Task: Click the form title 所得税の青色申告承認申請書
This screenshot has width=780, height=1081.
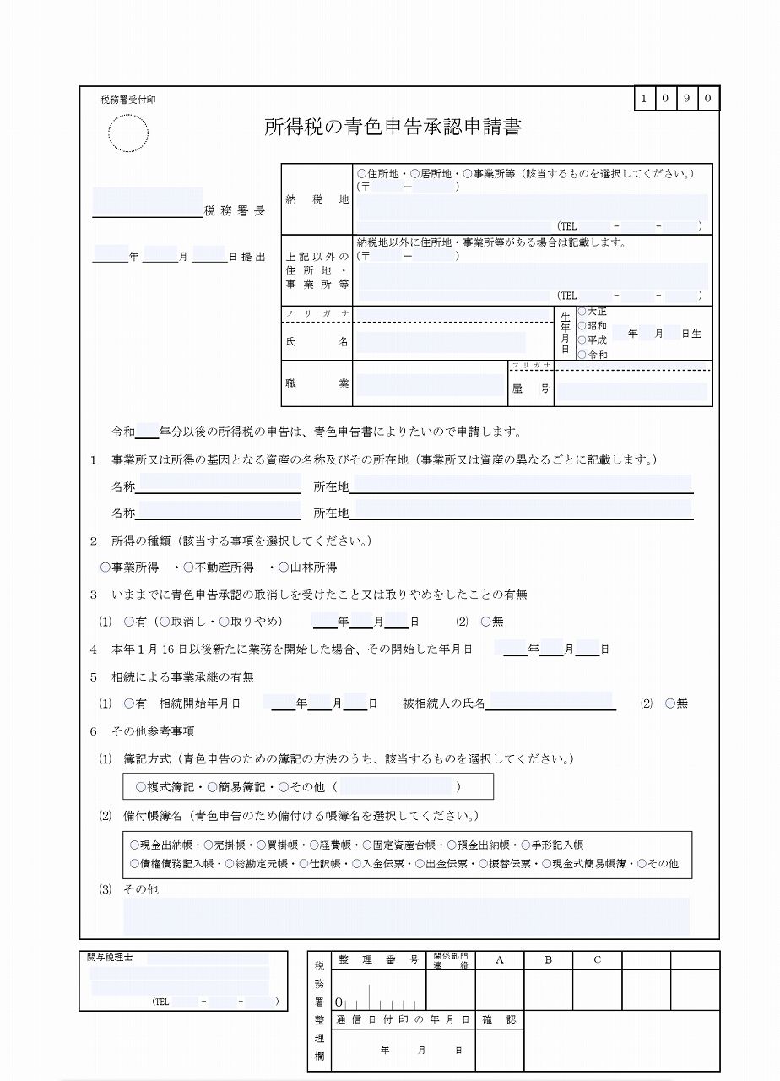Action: coord(393,128)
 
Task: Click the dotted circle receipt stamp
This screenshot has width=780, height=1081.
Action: coord(128,133)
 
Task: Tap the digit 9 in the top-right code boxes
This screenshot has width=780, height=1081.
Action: coord(688,100)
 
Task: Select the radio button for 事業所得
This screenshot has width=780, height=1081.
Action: coord(106,568)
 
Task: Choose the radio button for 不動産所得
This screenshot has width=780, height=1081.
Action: coord(189,568)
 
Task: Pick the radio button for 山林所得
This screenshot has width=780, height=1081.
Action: coord(284,568)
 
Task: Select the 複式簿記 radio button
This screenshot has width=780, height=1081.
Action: coord(140,787)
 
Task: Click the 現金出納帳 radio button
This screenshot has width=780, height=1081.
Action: coord(134,845)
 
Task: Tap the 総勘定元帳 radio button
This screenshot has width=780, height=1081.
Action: coord(229,864)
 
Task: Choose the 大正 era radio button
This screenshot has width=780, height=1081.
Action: coord(582,312)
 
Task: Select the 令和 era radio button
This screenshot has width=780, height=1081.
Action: coord(582,354)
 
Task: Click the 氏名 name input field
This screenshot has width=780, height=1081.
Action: coord(441,342)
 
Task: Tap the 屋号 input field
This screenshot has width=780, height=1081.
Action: coord(631,391)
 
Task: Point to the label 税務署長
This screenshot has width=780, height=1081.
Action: coord(235,211)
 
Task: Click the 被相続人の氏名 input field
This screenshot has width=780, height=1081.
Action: coord(550,701)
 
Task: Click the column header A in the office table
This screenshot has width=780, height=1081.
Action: coord(499,960)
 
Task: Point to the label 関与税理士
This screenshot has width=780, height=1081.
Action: coord(116,959)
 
